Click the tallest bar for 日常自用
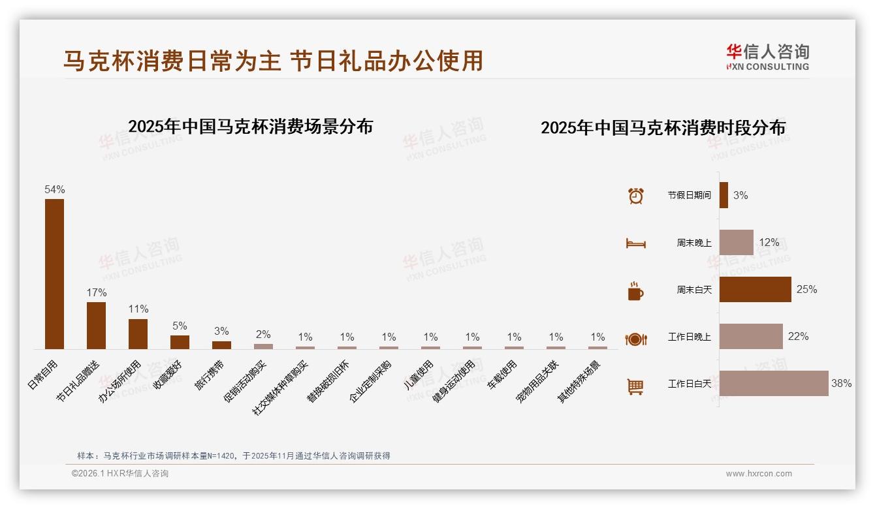point(54,274)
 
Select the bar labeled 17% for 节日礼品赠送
point(96,325)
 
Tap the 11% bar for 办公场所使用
point(138,333)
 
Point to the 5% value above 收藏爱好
point(180,326)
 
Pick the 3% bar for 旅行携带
point(221,345)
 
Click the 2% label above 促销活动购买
point(263,334)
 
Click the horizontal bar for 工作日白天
point(774,384)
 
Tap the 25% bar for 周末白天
point(755,289)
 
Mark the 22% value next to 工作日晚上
point(798,337)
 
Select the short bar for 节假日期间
point(724,195)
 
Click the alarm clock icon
point(635,196)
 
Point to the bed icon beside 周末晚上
point(635,243)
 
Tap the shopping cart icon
point(635,386)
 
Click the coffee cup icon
point(635,291)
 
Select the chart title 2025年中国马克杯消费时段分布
point(663,127)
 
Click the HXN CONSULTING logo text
point(768,67)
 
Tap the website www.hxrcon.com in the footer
point(759,474)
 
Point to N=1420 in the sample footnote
point(219,455)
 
